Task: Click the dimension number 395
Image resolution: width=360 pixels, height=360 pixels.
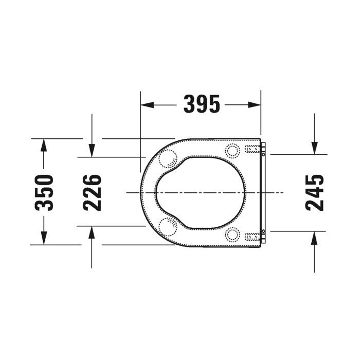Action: [202, 105]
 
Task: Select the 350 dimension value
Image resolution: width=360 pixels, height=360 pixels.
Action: [45, 192]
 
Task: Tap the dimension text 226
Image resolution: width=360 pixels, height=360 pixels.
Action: [92, 192]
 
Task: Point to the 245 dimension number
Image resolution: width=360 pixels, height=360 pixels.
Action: [315, 192]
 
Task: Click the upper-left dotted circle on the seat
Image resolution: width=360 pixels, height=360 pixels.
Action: [168, 159]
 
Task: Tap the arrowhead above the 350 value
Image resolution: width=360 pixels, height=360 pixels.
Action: [44, 145]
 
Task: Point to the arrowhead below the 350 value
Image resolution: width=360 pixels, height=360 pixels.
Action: [44, 238]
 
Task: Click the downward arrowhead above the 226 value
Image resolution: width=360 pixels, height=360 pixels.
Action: [92, 150]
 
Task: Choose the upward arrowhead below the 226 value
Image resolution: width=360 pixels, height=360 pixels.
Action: [92, 232]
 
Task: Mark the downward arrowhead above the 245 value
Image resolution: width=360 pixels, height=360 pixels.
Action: [314, 148]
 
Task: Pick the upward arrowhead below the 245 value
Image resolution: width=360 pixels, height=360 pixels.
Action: [314, 238]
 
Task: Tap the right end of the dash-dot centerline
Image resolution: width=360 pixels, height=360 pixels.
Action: [283, 192]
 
